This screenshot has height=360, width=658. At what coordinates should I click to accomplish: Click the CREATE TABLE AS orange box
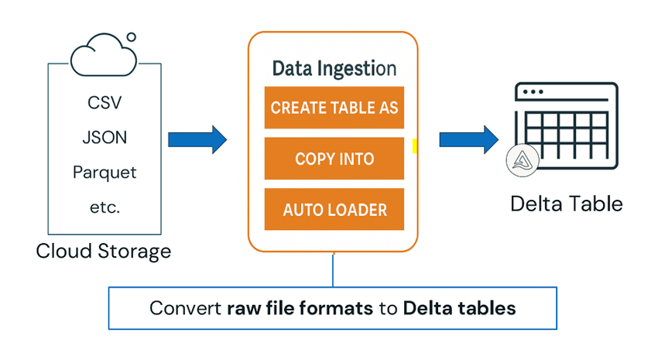[334, 107]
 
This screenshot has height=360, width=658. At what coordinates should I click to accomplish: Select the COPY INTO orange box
[334, 159]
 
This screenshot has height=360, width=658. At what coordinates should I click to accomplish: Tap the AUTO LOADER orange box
[334, 210]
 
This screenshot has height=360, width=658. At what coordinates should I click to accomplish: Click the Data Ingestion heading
[334, 69]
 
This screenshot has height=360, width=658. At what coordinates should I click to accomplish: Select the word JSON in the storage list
[105, 138]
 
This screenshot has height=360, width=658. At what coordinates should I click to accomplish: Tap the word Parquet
[105, 172]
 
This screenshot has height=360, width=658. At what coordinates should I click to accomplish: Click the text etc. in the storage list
[105, 207]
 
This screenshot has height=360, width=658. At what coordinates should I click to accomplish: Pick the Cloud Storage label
[104, 252]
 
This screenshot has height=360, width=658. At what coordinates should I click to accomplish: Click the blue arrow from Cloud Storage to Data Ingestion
[197, 139]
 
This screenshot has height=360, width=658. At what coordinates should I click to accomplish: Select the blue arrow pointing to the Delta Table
[468, 139]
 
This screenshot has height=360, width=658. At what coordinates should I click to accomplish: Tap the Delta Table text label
[567, 204]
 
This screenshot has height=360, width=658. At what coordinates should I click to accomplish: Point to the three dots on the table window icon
[531, 92]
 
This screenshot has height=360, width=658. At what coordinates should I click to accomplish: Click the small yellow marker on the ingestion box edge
[415, 146]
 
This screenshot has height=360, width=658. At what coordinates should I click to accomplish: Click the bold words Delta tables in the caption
[458, 307]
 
